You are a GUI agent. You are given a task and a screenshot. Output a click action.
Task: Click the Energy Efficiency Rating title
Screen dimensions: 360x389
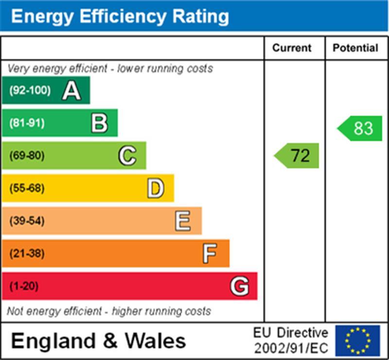click(x=120, y=17)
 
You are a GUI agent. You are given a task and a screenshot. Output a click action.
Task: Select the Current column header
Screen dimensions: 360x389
click(x=292, y=48)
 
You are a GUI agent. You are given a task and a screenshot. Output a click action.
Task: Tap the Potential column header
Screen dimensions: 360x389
click(x=355, y=48)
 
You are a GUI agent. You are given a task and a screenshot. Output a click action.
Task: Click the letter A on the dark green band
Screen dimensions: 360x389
click(x=71, y=90)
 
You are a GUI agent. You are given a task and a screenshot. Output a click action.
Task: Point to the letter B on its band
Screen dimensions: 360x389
click(x=99, y=123)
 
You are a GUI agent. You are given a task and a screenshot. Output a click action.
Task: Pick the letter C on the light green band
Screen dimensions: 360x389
click(x=127, y=156)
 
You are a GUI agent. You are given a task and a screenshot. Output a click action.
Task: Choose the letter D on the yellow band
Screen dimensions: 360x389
click(x=155, y=188)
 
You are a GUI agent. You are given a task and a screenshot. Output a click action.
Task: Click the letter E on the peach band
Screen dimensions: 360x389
click(x=183, y=221)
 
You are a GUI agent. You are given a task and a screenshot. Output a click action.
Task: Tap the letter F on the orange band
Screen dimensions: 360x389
click(x=210, y=253)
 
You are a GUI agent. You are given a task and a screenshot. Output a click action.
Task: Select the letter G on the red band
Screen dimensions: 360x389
click(x=239, y=286)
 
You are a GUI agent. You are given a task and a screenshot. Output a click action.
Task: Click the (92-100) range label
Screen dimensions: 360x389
click(x=30, y=90)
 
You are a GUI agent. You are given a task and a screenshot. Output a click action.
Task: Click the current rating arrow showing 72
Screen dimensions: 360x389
click(x=297, y=156)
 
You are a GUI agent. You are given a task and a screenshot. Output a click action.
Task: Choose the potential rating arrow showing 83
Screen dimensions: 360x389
click(x=360, y=128)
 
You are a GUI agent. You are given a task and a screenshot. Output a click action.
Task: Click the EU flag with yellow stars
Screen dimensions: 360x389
click(x=357, y=341)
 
